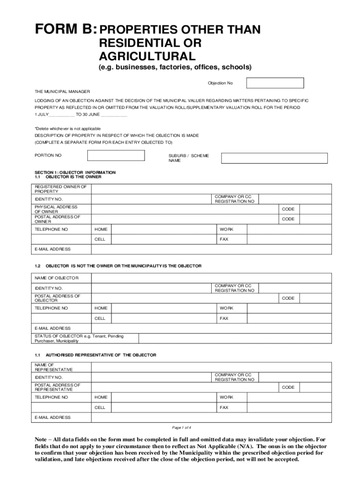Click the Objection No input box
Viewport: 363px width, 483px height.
coord(275,83)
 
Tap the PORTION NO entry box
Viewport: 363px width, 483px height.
coord(115,155)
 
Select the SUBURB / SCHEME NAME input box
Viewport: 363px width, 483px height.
coord(274,158)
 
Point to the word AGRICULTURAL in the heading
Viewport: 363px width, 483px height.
coord(147,57)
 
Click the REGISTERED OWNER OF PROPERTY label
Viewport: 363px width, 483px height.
coord(60,189)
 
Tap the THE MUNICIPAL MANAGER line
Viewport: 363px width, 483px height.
coord(62,92)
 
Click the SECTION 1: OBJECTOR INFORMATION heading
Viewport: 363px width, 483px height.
coord(75,173)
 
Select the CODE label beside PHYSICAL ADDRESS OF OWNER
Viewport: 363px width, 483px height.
coord(288,209)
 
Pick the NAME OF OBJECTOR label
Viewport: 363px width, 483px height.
coord(57,277)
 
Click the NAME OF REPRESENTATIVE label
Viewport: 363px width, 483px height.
coord(54,367)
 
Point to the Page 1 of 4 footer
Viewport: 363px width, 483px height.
coord(181,427)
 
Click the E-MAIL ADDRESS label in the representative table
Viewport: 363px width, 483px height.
coord(53,417)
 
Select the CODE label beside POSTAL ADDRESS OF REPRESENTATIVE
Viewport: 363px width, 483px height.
coord(288,387)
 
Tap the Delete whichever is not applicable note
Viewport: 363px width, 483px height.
coord(67,128)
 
